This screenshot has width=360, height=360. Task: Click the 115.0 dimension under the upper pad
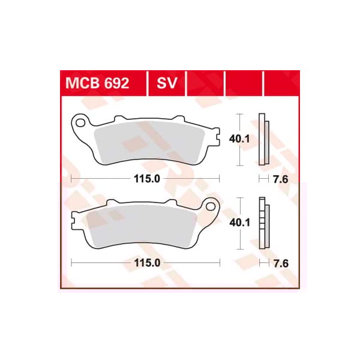pos(146,179)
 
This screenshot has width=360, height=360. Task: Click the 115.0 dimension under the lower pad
pos(146,263)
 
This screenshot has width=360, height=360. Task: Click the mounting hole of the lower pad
pos(211,208)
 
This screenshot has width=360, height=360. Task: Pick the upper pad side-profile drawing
pos(263,139)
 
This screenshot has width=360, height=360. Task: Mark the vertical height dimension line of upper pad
pos(240,139)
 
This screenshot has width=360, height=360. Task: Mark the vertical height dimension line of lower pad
pos(240,223)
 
